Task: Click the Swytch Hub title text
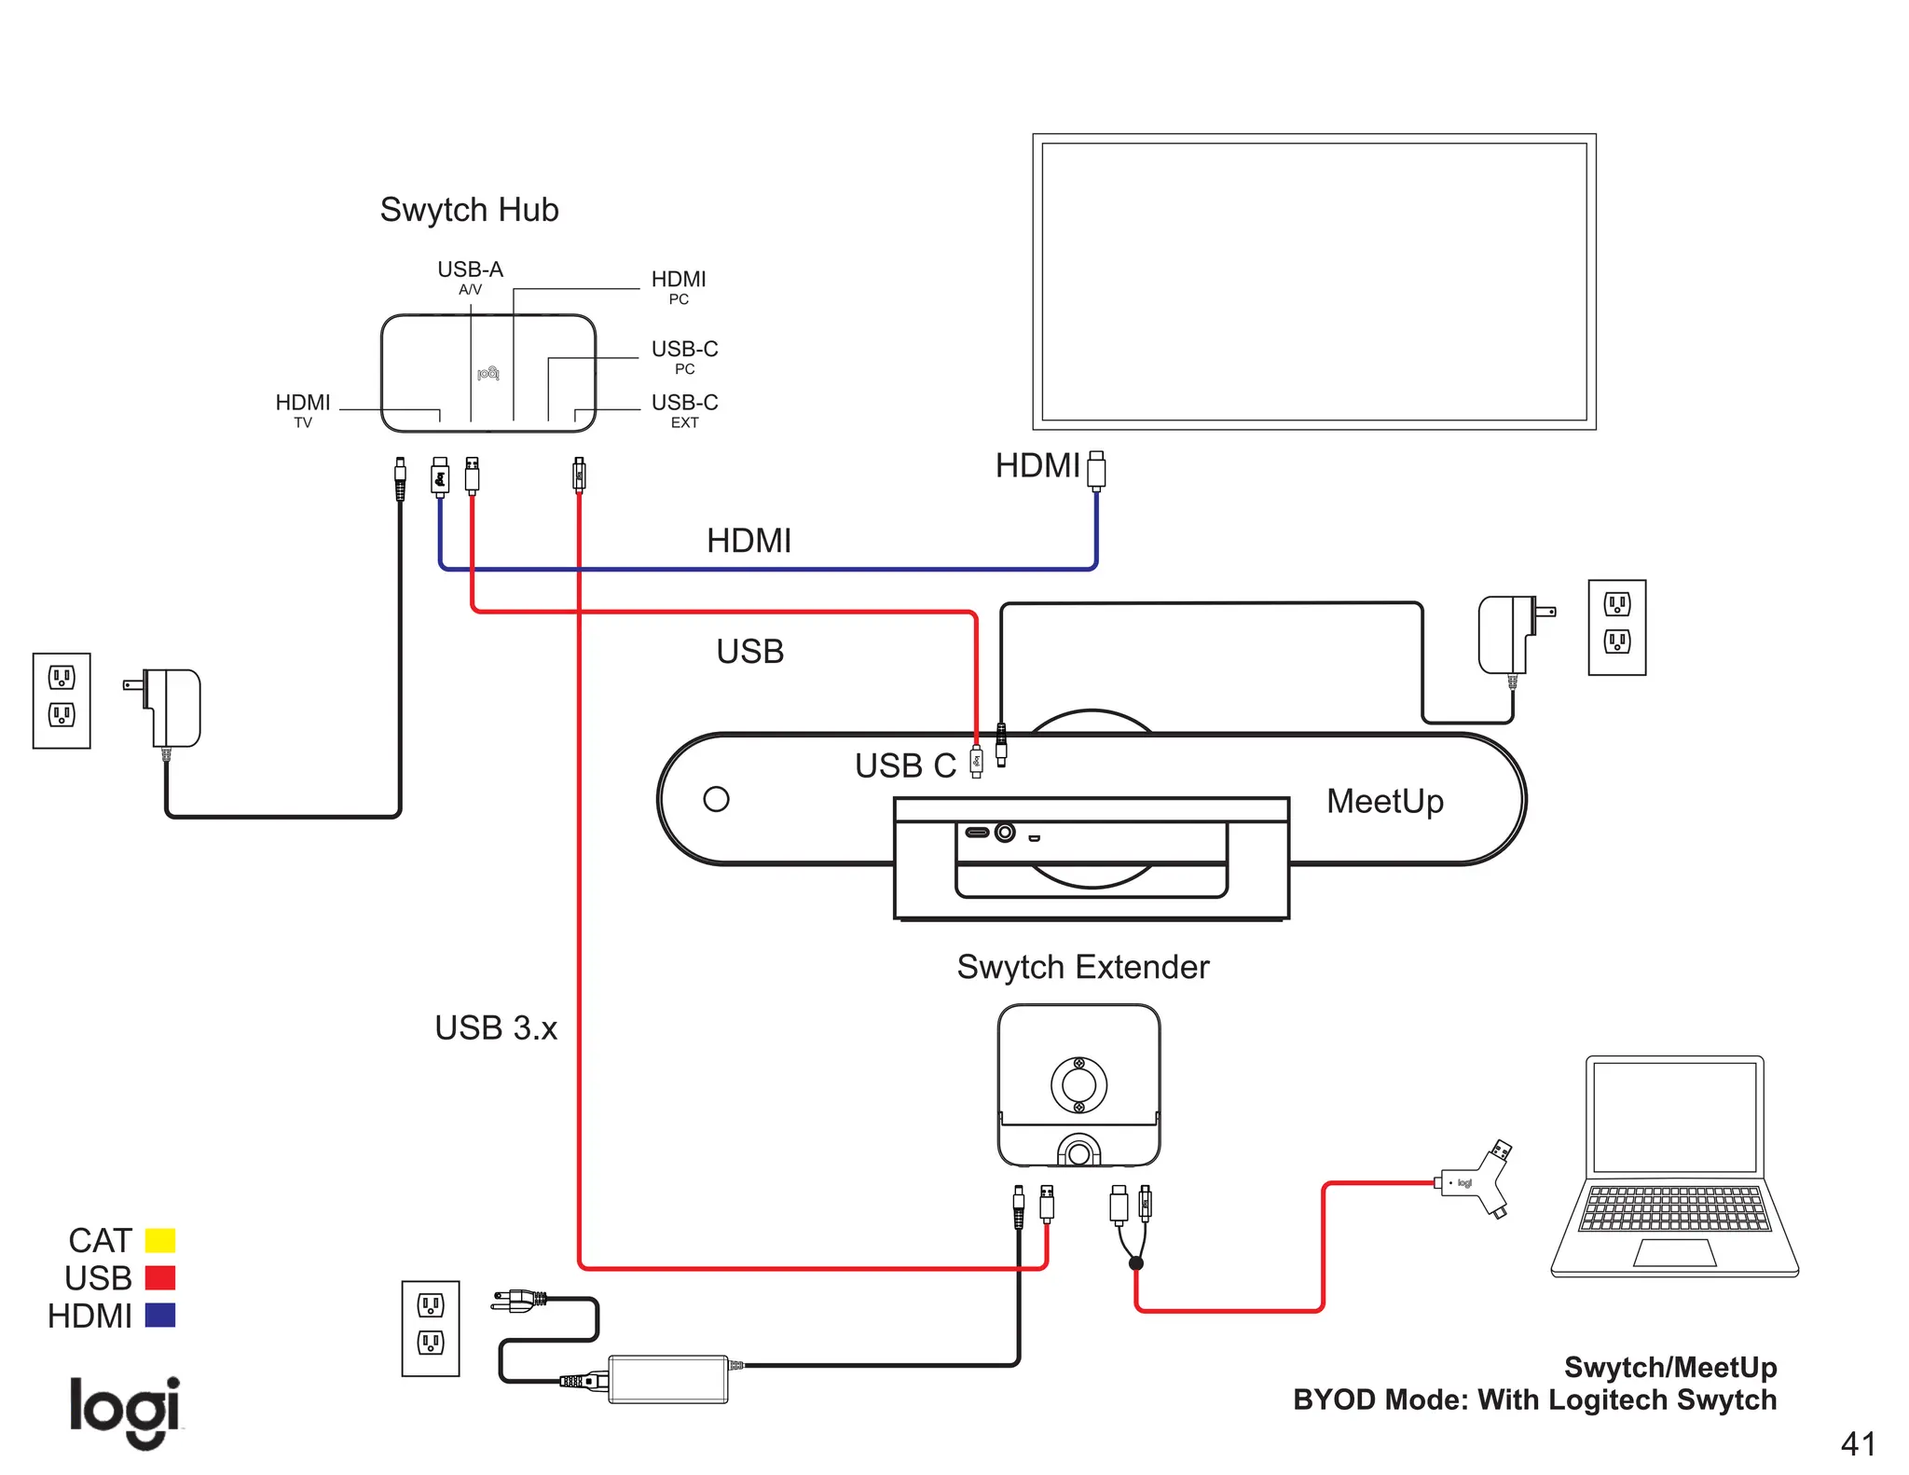(469, 211)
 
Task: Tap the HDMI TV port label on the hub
(303, 409)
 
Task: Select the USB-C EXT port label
(684, 409)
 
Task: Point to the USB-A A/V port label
(470, 276)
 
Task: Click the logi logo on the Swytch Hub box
(488, 373)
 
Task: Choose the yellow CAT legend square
(160, 1240)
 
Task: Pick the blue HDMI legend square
(160, 1316)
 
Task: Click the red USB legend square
(160, 1277)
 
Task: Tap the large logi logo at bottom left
(125, 1410)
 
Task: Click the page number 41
(1858, 1444)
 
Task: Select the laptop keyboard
(1674, 1208)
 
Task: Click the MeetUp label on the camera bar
(1385, 802)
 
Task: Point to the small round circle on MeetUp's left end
(716, 799)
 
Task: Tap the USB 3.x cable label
(496, 1028)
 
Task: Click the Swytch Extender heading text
(1082, 968)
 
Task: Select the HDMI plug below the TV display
(1096, 470)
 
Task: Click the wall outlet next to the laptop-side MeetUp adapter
(1616, 627)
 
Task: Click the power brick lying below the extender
(667, 1379)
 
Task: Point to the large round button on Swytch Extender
(1078, 1084)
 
